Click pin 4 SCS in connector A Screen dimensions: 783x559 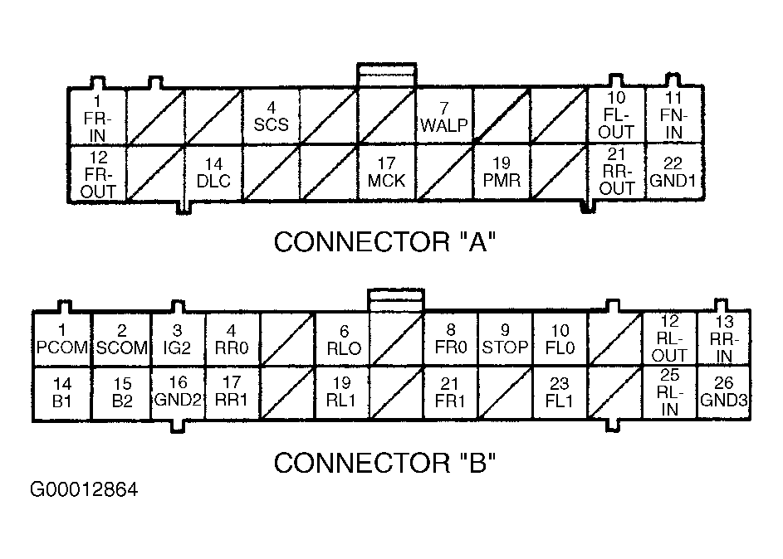272,117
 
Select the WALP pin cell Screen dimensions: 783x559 444,117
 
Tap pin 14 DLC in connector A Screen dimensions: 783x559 213,173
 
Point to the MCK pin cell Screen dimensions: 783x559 386,173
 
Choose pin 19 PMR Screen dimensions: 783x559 502,173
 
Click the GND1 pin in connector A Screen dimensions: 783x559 673,173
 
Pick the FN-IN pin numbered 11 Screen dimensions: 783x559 673,117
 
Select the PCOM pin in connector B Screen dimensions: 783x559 62,340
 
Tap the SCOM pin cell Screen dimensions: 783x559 121,340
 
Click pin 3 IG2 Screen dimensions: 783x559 177,340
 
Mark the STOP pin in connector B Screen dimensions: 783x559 505,340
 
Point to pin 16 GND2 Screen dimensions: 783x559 177,393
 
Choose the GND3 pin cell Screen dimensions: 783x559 723,393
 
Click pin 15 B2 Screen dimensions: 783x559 121,393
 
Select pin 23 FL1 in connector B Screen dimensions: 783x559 560,393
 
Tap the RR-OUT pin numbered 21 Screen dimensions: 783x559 617,173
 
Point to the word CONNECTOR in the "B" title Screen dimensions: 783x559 362,463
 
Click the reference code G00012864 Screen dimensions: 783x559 84,489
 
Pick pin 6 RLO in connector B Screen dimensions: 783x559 344,340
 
